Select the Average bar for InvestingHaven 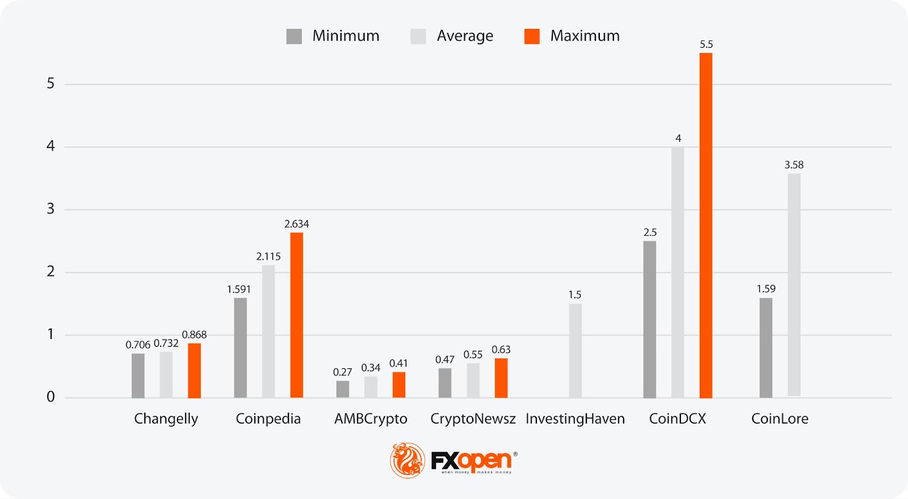click(x=575, y=350)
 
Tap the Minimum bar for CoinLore click(x=766, y=347)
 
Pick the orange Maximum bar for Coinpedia click(x=296, y=315)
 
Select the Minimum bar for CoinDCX click(x=649, y=319)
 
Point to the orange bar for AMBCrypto click(x=399, y=384)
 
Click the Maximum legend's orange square click(x=532, y=36)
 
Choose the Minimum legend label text click(x=346, y=36)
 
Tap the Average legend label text click(x=465, y=36)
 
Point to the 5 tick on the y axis click(x=51, y=84)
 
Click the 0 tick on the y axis click(x=51, y=397)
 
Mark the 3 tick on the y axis click(x=51, y=209)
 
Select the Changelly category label click(x=166, y=419)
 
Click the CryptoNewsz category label click(x=473, y=419)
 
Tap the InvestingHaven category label click(x=575, y=419)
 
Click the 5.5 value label click(x=706, y=44)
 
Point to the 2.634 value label click(x=296, y=224)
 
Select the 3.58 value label click(x=794, y=165)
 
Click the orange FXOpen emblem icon click(x=407, y=460)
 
